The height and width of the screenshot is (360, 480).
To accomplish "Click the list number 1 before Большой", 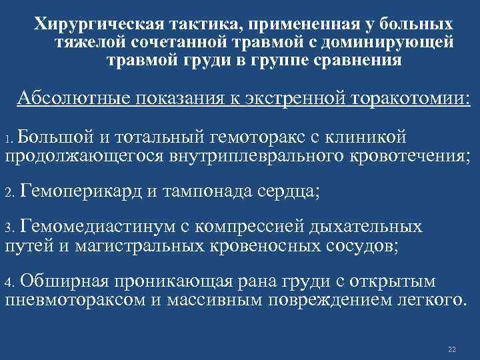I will pos(9,141).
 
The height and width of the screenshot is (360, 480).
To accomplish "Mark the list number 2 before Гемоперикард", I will pos(9,194).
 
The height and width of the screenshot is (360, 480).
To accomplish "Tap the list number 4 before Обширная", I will pos(9,281).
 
